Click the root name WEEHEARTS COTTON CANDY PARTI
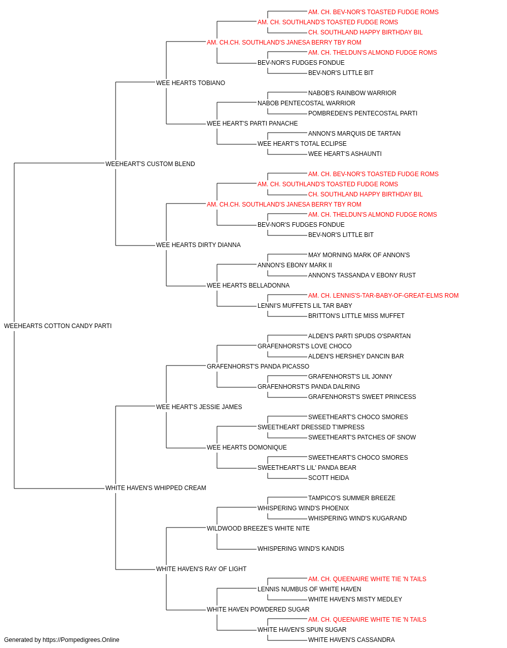click(58, 326)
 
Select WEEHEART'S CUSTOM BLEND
click(150, 164)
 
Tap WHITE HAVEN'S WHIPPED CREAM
click(156, 488)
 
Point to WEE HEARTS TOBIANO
click(191, 83)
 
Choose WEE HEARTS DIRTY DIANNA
click(198, 245)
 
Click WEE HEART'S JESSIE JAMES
click(199, 407)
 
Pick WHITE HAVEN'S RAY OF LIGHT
click(201, 569)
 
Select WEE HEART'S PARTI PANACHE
click(252, 124)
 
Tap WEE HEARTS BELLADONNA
click(248, 286)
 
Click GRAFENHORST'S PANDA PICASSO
click(258, 366)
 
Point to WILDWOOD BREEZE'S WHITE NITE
click(258, 529)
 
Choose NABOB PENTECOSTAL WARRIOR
click(306, 103)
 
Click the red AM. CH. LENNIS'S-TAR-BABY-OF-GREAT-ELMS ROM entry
click(383, 296)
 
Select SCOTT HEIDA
click(329, 478)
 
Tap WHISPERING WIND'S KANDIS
click(301, 549)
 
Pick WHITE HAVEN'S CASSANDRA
click(351, 640)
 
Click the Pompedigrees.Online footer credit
click(61, 640)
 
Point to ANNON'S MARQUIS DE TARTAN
click(354, 134)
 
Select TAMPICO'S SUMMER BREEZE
click(352, 498)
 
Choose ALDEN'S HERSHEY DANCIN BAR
click(356, 356)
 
